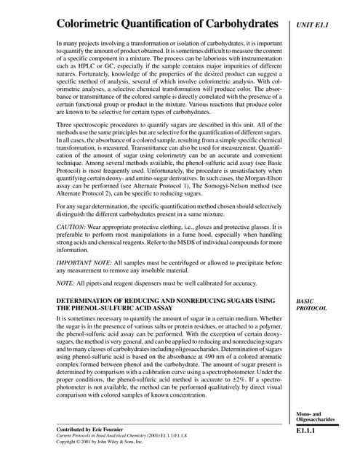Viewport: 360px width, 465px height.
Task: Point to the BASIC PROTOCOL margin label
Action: pyautogui.click(x=311, y=304)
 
